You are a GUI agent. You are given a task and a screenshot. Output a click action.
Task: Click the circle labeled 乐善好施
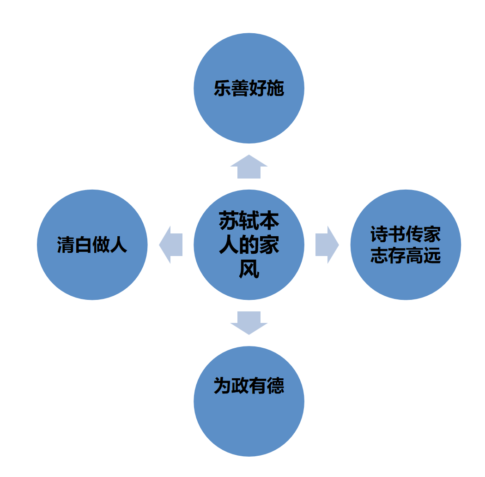[x=249, y=88]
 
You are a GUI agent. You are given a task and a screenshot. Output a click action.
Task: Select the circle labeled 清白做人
[x=92, y=244]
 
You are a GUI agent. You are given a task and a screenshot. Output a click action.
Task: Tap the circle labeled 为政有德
[x=249, y=401]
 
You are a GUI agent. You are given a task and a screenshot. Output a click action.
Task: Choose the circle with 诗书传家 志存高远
[x=406, y=244]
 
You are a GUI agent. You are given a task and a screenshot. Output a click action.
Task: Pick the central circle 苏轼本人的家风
[x=249, y=244]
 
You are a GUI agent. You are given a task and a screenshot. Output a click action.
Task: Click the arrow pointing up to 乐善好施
[x=249, y=167]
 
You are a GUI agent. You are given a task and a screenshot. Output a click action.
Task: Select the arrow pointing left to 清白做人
[x=171, y=244]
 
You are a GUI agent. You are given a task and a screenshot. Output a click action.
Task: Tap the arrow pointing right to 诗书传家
[x=327, y=244]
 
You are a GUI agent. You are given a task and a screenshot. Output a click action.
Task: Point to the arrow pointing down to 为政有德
[x=249, y=323]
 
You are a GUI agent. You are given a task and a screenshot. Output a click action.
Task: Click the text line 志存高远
[x=406, y=256]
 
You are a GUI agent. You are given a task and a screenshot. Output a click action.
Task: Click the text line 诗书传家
[x=406, y=234]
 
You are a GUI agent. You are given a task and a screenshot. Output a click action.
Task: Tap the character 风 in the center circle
[x=249, y=269]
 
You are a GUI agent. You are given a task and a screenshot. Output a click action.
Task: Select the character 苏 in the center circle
[x=229, y=221]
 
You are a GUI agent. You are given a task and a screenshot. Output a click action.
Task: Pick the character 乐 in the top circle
[x=223, y=89]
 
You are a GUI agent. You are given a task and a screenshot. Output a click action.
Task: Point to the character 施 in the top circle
[x=275, y=89]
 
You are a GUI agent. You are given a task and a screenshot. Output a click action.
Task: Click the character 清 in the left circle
[x=66, y=245]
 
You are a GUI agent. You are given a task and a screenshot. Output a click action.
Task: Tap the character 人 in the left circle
[x=118, y=245]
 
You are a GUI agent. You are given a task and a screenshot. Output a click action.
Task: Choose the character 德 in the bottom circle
[x=275, y=386]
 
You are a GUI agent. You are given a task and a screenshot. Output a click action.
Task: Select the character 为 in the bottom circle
[x=223, y=386]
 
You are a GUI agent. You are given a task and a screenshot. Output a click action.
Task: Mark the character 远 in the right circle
[x=432, y=256]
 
